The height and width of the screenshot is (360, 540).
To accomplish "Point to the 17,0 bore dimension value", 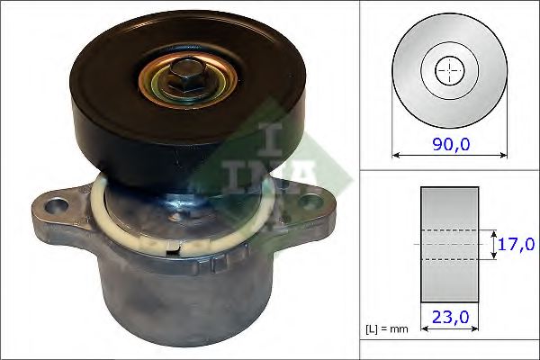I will [517, 244].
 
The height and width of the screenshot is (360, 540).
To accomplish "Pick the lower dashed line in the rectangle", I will [449, 260].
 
